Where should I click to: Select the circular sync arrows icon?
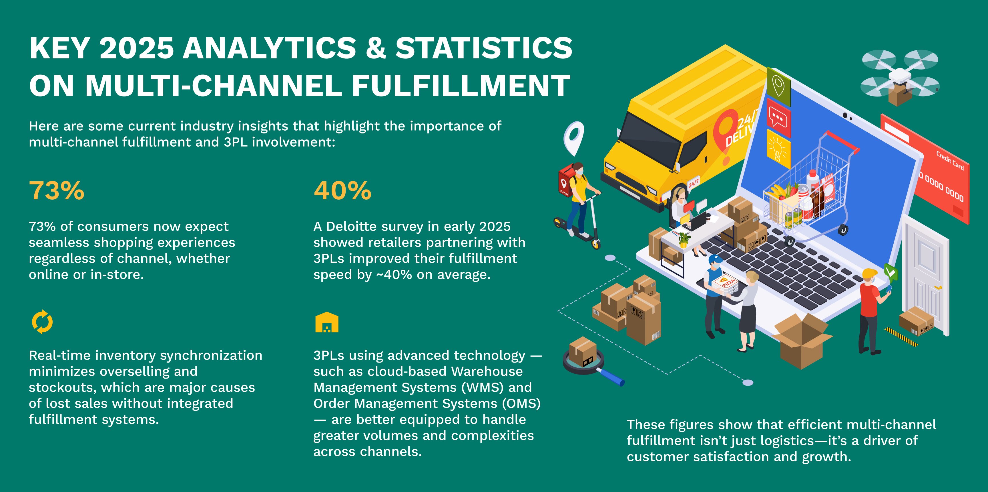tap(42, 322)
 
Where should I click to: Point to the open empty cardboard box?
tap(802, 340)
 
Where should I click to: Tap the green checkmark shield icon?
tap(891, 272)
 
